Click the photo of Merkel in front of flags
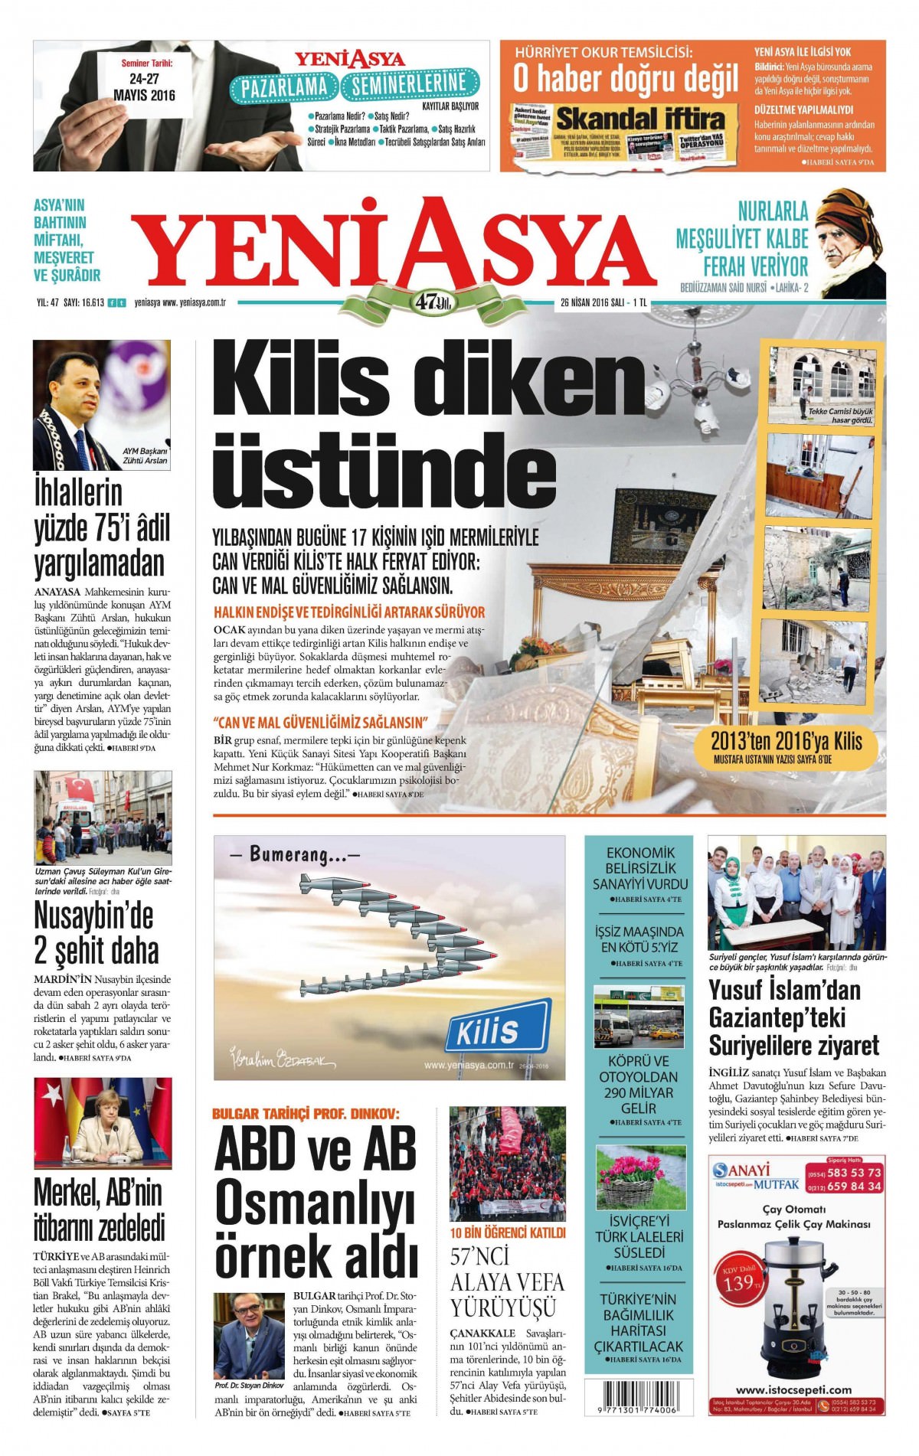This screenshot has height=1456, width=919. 103,1123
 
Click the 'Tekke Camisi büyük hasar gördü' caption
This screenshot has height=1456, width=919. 840,416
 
